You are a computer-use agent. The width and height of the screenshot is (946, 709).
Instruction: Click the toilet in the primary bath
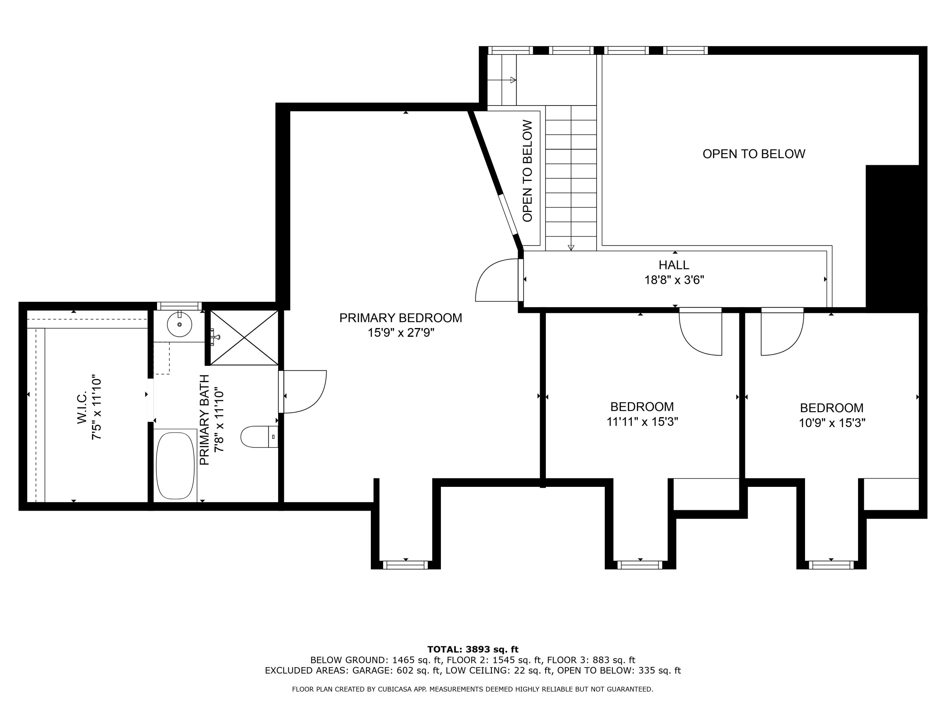click(x=259, y=436)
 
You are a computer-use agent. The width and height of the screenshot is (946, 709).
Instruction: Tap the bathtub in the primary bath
click(x=175, y=465)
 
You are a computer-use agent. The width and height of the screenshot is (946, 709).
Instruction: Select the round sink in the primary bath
click(x=179, y=324)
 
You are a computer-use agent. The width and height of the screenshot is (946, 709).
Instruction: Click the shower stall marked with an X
click(x=244, y=337)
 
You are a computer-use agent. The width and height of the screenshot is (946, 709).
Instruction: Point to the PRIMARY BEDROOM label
click(x=401, y=318)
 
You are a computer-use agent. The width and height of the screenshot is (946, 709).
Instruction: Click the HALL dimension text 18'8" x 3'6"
click(x=674, y=280)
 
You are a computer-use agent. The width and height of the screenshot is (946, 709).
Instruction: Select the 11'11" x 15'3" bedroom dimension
click(x=642, y=422)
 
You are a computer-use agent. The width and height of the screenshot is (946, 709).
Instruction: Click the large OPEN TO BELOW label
click(x=754, y=154)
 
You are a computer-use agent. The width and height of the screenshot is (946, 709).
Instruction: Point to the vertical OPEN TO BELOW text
click(x=528, y=170)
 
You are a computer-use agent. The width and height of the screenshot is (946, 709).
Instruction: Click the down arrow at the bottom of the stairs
click(x=571, y=247)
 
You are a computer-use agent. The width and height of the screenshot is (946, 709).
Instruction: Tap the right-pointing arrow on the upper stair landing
click(x=513, y=80)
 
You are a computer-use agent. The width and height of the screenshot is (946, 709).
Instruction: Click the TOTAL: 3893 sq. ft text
click(x=473, y=649)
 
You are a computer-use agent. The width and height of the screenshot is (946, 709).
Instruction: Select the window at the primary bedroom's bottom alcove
click(x=406, y=565)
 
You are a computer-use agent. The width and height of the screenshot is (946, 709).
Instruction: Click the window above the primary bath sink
click(x=179, y=306)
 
